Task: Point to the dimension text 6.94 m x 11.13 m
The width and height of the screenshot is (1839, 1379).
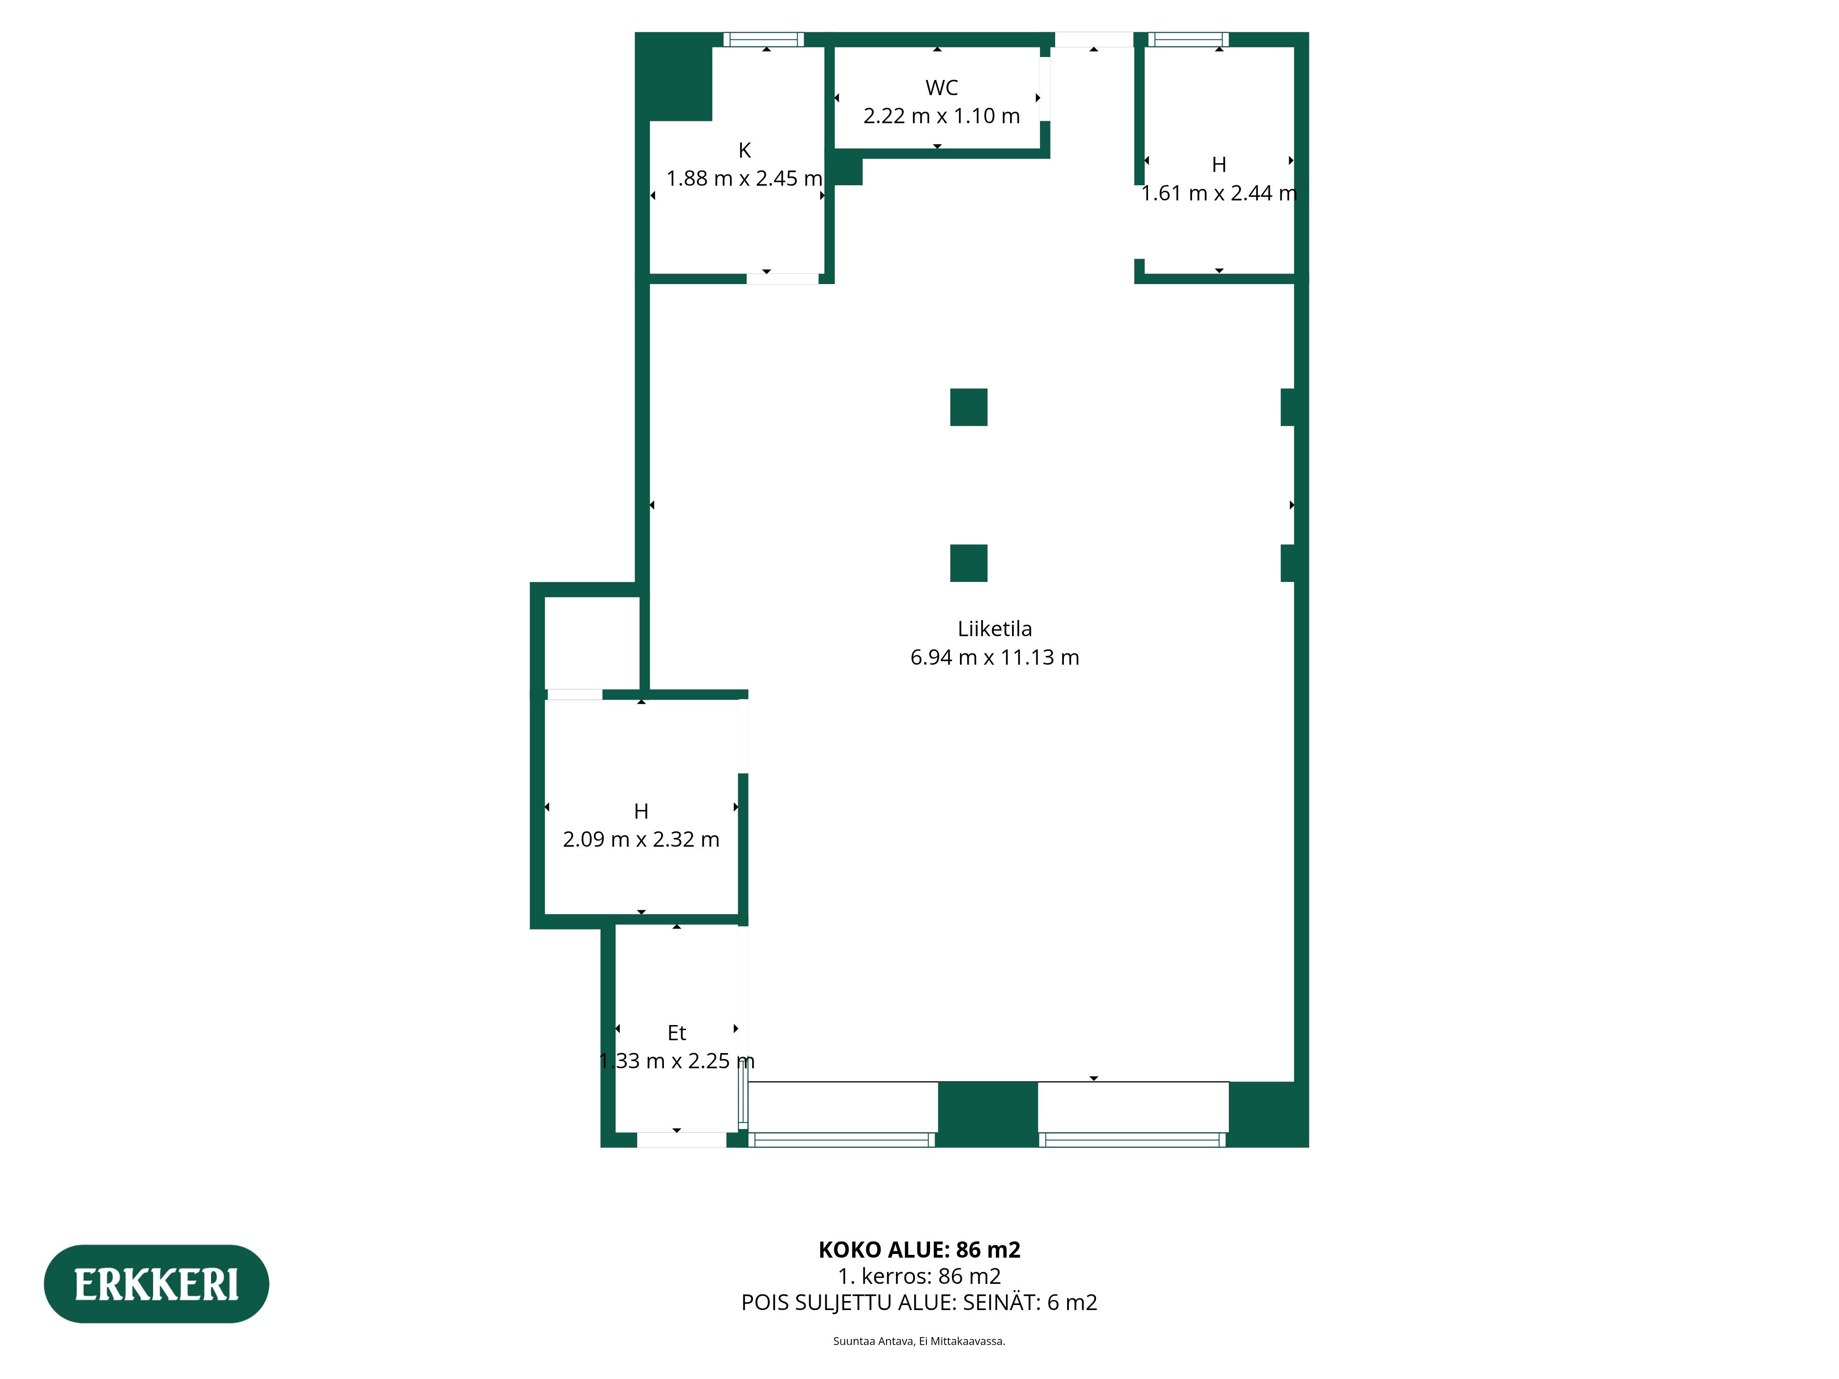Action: click(994, 657)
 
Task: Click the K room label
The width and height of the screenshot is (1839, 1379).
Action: click(744, 150)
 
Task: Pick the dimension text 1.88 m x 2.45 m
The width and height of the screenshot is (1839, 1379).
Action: click(744, 179)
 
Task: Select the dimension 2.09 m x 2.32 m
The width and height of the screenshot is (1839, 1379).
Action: click(641, 839)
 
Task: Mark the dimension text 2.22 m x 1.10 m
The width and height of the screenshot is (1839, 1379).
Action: click(941, 116)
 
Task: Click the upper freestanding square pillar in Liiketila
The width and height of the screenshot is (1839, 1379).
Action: click(969, 407)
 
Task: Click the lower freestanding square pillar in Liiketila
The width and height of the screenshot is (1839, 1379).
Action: click(969, 563)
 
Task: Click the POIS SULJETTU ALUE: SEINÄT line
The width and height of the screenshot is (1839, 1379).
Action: click(919, 1303)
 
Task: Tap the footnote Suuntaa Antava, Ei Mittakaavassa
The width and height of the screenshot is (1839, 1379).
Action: click(919, 1341)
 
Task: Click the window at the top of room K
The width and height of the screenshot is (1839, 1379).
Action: click(763, 39)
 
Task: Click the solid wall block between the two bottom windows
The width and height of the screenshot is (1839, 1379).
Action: click(988, 1114)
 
